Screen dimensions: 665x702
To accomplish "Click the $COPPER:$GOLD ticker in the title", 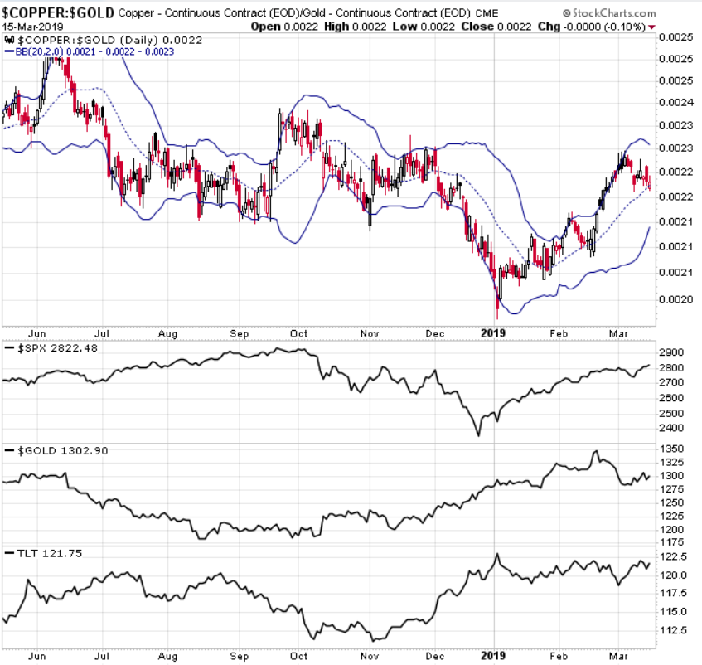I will (58, 14).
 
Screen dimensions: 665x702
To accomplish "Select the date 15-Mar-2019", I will (30, 27).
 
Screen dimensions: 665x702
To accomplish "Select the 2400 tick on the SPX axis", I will (672, 428).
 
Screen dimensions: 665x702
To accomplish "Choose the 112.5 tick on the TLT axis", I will (674, 631).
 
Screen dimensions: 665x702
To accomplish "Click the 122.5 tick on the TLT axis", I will (674, 558).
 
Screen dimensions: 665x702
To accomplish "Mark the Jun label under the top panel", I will (36, 333).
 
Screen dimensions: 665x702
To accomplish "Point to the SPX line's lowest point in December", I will (478, 434).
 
